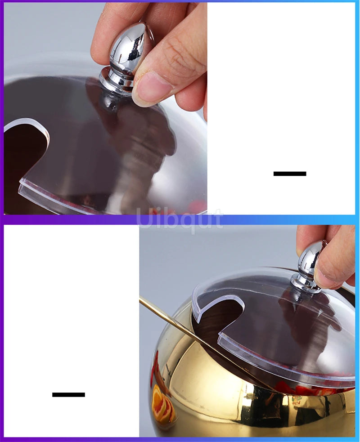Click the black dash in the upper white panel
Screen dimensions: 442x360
(290, 174)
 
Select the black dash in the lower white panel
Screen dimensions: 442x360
(68, 395)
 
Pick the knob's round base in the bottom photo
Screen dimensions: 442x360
(305, 283)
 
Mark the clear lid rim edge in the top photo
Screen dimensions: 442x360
(54, 198)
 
